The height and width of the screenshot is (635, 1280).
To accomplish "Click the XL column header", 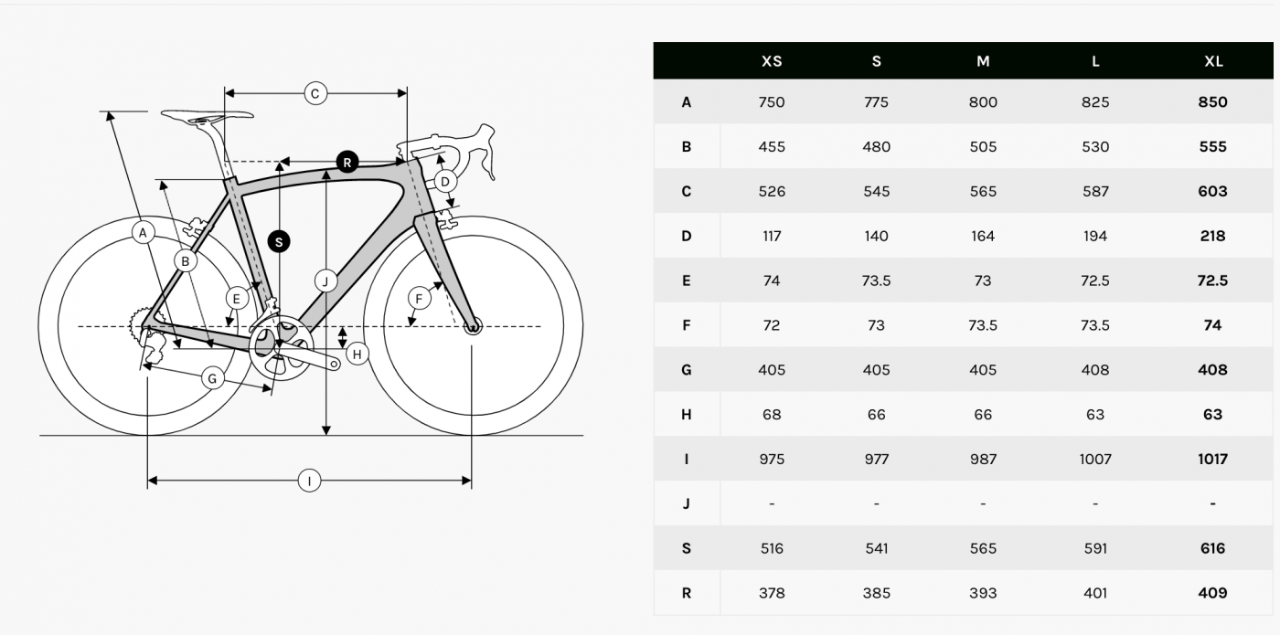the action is point(1213,61).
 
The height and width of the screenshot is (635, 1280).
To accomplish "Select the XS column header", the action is point(772,61).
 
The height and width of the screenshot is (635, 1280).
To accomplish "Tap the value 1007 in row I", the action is point(1095,459).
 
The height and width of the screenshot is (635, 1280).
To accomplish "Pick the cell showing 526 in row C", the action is point(772,191).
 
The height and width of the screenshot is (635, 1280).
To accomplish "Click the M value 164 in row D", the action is point(983,236).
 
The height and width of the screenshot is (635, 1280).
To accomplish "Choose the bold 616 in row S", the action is point(1212,548).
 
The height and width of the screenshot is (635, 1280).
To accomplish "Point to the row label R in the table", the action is point(687,593).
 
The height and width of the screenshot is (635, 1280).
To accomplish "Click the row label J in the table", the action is point(687,503).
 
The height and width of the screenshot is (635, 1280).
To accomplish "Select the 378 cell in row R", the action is point(772,593).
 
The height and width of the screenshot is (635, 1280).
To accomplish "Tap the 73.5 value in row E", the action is point(876,280).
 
